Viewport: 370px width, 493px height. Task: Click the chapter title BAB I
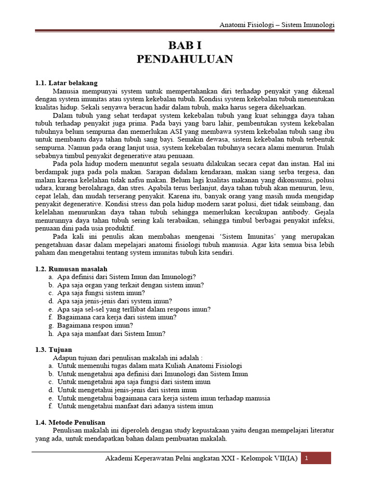(185, 46)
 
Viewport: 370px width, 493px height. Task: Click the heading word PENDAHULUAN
(185, 59)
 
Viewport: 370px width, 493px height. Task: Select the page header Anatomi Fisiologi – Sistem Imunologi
(277, 25)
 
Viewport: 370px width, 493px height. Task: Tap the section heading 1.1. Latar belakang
(66, 83)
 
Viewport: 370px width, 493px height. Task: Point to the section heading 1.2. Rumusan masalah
(71, 269)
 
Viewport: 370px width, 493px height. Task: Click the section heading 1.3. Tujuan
(53, 350)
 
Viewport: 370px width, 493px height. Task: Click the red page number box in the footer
(317, 458)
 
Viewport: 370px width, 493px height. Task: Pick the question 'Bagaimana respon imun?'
(95, 325)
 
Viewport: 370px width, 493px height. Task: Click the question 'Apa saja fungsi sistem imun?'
(101, 293)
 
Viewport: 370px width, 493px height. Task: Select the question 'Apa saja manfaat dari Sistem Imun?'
(111, 333)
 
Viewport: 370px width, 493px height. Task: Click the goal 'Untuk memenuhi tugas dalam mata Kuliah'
(149, 366)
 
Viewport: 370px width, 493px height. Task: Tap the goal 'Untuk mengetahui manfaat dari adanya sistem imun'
(135, 406)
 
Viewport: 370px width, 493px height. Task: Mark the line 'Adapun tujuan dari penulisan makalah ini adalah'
(128, 358)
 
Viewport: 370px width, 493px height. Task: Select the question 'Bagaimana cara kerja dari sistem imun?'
(117, 317)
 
